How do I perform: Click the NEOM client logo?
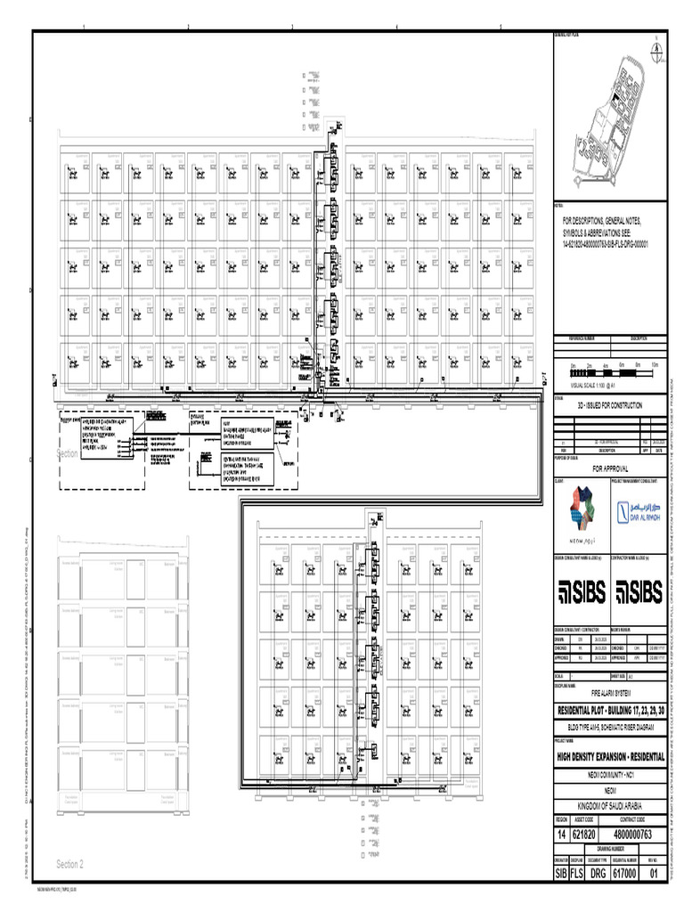(x=581, y=511)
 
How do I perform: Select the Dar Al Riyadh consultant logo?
(x=637, y=511)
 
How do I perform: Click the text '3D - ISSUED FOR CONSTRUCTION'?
(x=609, y=404)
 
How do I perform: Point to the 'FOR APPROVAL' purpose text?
(x=610, y=468)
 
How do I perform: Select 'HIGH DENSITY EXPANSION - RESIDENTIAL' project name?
(x=610, y=756)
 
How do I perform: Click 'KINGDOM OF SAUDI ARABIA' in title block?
(x=610, y=806)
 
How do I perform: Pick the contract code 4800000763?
(x=634, y=834)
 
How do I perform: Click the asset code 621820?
(x=582, y=834)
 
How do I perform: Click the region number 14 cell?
(x=561, y=834)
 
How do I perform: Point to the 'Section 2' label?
(x=69, y=864)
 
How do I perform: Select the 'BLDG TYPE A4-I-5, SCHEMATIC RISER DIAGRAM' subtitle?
(x=610, y=727)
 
